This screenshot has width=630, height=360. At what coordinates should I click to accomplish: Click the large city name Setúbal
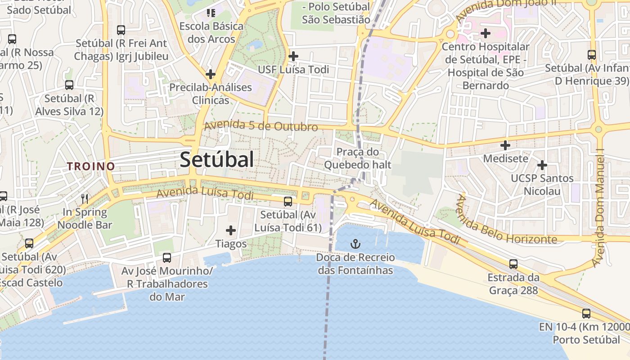(x=217, y=160)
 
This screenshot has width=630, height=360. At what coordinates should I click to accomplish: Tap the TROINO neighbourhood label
(x=91, y=166)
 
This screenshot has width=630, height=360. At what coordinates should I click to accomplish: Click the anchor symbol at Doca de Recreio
(x=355, y=244)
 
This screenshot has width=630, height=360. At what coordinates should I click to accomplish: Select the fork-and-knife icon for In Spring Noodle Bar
(x=84, y=198)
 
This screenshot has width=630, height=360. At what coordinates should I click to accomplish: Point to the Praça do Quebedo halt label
(x=358, y=158)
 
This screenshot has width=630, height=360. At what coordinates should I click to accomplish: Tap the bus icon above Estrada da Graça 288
(x=513, y=264)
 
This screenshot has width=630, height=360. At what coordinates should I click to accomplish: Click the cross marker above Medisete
(x=505, y=145)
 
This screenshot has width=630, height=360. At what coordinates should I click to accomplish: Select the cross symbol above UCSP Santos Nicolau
(x=542, y=165)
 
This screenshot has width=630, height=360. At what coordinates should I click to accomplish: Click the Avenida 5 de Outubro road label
(x=261, y=126)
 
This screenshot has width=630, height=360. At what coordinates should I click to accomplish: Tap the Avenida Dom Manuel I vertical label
(x=599, y=207)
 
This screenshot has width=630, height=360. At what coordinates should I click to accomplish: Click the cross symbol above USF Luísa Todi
(x=293, y=56)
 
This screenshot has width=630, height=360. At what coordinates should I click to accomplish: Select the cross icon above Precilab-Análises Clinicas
(x=210, y=74)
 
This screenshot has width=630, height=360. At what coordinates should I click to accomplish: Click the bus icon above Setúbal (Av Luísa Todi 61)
(x=288, y=202)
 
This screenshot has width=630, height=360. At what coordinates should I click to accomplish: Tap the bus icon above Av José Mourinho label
(x=167, y=258)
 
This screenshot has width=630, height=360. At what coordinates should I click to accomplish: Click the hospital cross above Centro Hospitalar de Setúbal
(x=485, y=33)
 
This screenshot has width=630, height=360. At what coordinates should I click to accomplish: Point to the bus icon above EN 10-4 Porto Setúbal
(x=586, y=314)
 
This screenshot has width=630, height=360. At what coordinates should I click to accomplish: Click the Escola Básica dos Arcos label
(x=211, y=32)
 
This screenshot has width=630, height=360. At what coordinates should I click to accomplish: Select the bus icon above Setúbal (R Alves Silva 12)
(x=69, y=85)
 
